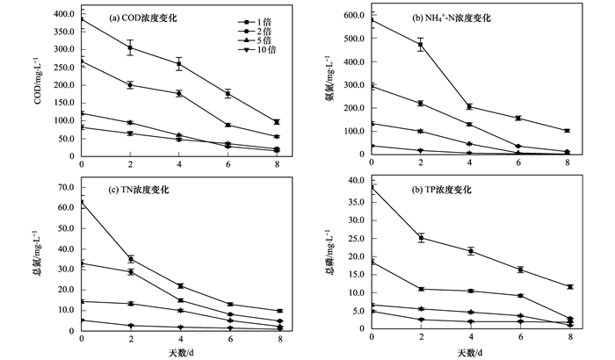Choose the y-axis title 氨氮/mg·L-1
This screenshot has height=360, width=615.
[x=329, y=83]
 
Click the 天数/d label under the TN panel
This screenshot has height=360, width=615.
[x=180, y=352]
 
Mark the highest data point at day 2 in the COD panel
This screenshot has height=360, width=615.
[x=130, y=48]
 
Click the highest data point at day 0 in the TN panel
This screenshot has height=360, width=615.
[x=82, y=202]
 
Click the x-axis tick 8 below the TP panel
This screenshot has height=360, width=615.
[x=570, y=337]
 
